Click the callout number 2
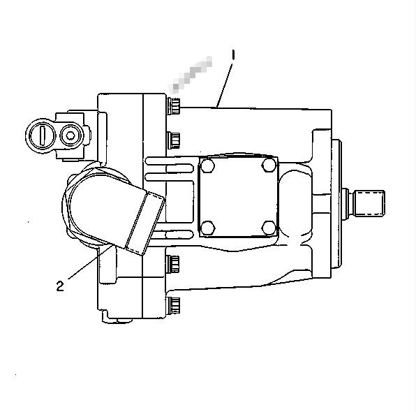point(61,284)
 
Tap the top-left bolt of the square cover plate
point(206,165)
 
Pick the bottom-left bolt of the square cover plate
point(206,227)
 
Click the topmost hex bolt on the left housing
point(174,106)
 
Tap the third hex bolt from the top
point(174,263)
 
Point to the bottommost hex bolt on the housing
point(174,304)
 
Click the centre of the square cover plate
point(238,196)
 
